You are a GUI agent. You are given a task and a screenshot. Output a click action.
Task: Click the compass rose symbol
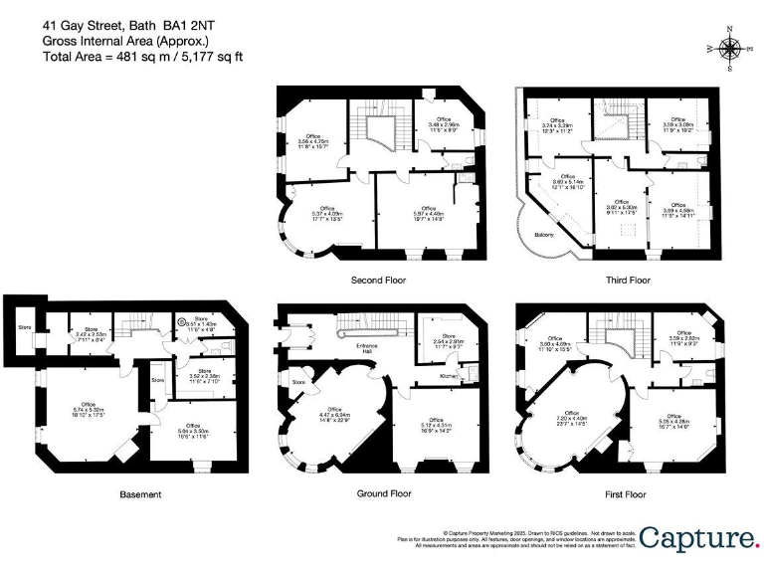[x=731, y=48]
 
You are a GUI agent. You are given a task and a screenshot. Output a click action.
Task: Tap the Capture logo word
[x=698, y=538]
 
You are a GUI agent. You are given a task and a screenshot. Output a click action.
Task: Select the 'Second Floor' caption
[x=379, y=281]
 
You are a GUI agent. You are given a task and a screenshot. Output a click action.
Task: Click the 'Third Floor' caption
[x=628, y=281]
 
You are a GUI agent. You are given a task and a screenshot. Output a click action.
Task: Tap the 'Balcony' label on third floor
[x=543, y=235]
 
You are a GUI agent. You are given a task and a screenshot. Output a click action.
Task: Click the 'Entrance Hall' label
[x=373, y=349]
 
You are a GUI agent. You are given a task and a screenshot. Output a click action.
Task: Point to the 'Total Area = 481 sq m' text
[x=142, y=57]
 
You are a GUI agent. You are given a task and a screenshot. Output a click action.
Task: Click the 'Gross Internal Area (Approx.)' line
[x=125, y=42]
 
